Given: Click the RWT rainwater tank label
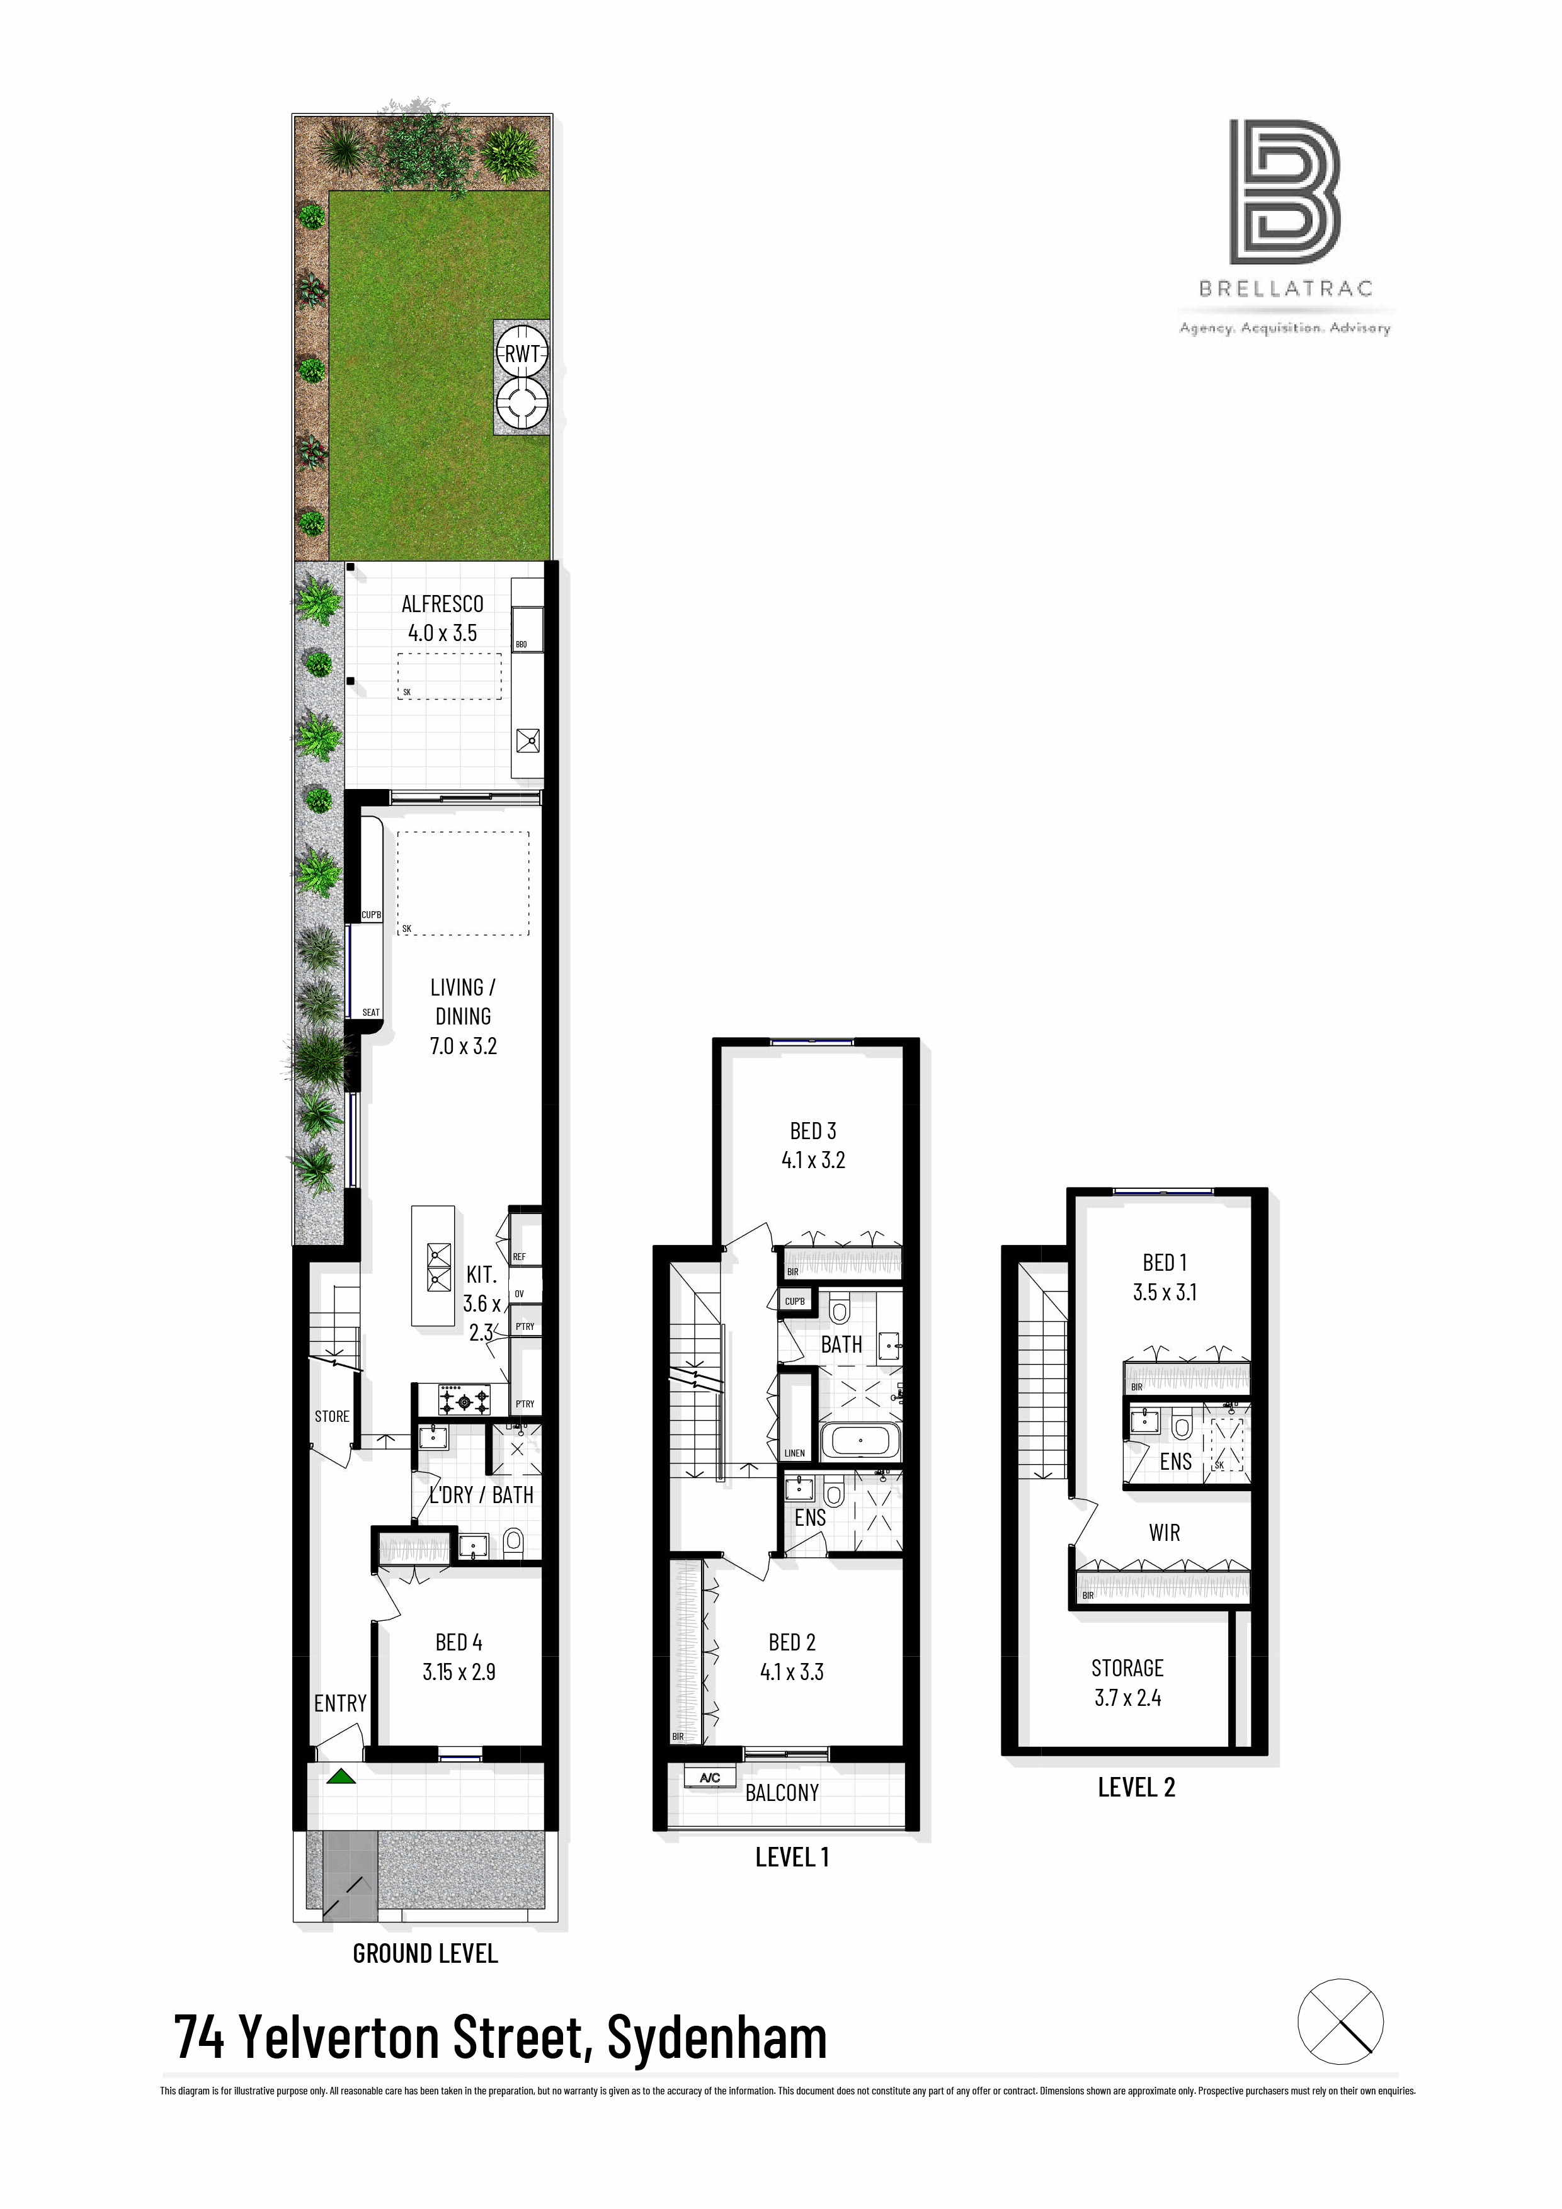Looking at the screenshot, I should (x=522, y=353).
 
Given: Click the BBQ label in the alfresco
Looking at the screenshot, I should (x=522, y=644).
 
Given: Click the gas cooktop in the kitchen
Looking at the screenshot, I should (x=464, y=1400).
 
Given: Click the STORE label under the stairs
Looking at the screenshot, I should (x=332, y=1416).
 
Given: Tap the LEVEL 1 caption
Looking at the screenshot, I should (x=791, y=1857).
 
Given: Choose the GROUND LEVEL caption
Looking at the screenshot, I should (x=425, y=1953).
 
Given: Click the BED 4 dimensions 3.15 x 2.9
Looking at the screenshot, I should (x=459, y=1671).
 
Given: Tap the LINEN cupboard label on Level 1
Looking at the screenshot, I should (x=795, y=1453).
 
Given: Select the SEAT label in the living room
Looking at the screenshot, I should (x=370, y=1012).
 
